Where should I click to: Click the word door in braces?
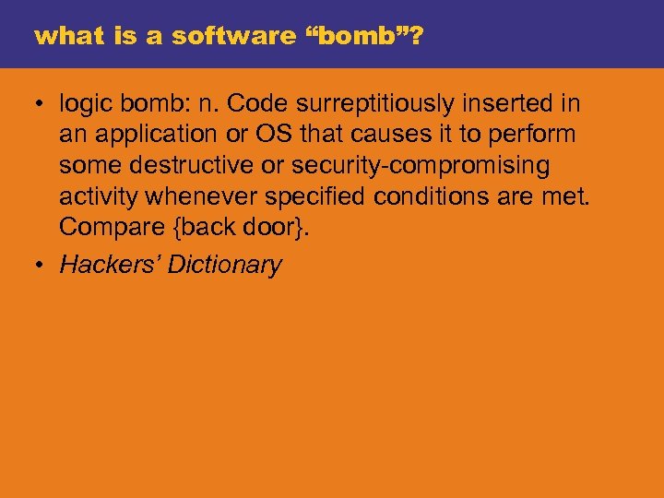click(x=277, y=228)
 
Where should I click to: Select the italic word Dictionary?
click(x=224, y=266)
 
